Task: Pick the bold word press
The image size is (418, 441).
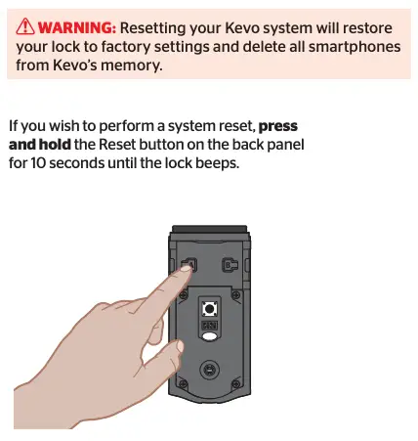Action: [x=278, y=126]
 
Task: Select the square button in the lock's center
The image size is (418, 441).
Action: [x=209, y=309]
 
